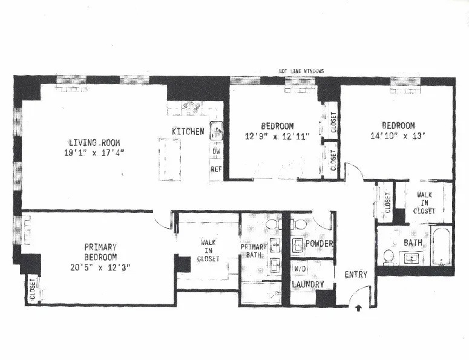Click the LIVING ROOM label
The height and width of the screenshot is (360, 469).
click(94, 143)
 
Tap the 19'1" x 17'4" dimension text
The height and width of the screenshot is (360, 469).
click(94, 152)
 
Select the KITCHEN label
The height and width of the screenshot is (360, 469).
click(188, 132)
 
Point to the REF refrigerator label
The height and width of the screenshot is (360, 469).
click(216, 170)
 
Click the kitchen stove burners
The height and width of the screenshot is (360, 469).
click(194, 108)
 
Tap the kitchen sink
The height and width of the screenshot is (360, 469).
click(216, 129)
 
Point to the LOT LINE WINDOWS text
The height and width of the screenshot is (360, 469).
click(301, 71)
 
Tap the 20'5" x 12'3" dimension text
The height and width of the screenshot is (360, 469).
click(100, 267)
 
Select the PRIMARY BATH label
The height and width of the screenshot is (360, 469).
click(254, 251)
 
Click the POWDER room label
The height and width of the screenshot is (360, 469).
click(320, 244)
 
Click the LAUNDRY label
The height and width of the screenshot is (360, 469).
click(308, 284)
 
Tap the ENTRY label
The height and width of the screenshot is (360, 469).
click(356, 275)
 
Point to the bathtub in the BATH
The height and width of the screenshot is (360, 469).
click(442, 246)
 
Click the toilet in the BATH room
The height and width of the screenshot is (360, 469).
click(388, 257)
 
